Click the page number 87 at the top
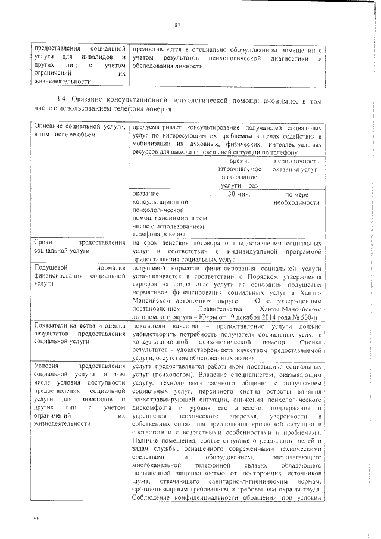click(x=177, y=24)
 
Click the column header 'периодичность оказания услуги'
click(x=296, y=166)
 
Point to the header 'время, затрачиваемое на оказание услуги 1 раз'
click(x=238, y=173)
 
